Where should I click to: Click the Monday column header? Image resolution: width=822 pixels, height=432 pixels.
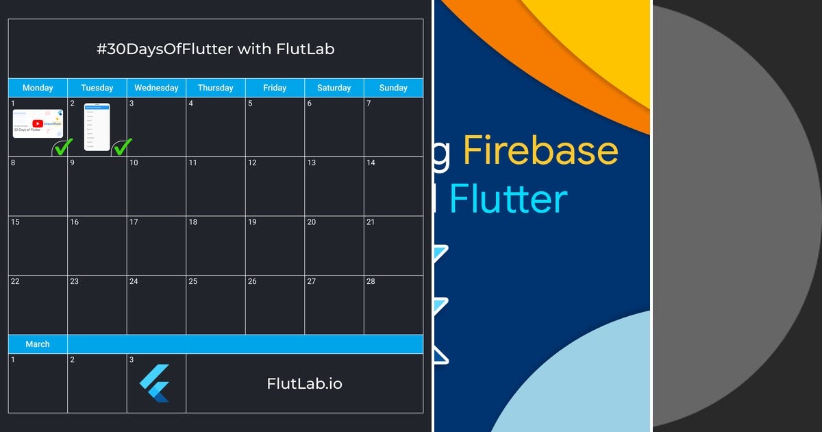pyautogui.click(x=38, y=88)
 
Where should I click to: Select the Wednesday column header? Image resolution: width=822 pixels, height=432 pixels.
pyautogui.click(x=156, y=88)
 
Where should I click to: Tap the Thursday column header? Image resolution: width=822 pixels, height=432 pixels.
pyautogui.click(x=215, y=88)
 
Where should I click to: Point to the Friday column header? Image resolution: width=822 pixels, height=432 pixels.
pyautogui.click(x=275, y=88)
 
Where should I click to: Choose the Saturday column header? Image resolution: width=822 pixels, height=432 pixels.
pyautogui.click(x=334, y=88)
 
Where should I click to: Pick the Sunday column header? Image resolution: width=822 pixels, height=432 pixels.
pyautogui.click(x=393, y=88)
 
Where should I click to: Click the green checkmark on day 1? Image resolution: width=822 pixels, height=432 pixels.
pyautogui.click(x=64, y=146)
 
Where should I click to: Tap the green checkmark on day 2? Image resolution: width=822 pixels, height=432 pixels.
pyautogui.click(x=123, y=146)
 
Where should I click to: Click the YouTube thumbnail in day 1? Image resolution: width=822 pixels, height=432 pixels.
pyautogui.click(x=37, y=123)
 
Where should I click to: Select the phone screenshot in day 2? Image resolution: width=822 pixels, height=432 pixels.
pyautogui.click(x=97, y=126)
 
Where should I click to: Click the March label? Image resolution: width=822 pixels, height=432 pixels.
pyautogui.click(x=38, y=344)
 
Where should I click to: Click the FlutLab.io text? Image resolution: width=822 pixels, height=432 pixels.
pyautogui.click(x=304, y=383)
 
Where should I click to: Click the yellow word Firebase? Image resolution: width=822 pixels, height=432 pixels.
pyautogui.click(x=540, y=151)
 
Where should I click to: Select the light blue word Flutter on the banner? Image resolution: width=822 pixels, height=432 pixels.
pyautogui.click(x=508, y=199)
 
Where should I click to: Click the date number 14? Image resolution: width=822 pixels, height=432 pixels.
pyautogui.click(x=371, y=163)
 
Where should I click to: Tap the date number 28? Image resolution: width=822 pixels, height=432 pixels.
pyautogui.click(x=371, y=282)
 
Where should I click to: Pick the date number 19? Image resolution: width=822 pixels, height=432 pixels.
pyautogui.click(x=252, y=222)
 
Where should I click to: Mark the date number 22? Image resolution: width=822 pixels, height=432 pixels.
pyautogui.click(x=15, y=282)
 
